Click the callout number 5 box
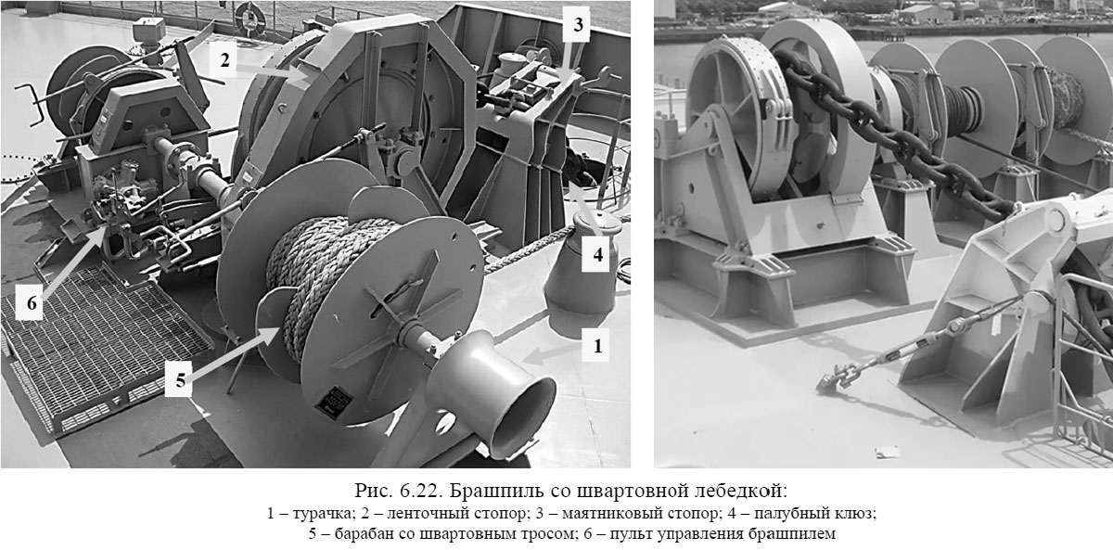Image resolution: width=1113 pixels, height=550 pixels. pyautogui.click(x=180, y=378)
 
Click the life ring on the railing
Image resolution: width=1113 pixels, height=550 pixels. pyautogui.click(x=249, y=15)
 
